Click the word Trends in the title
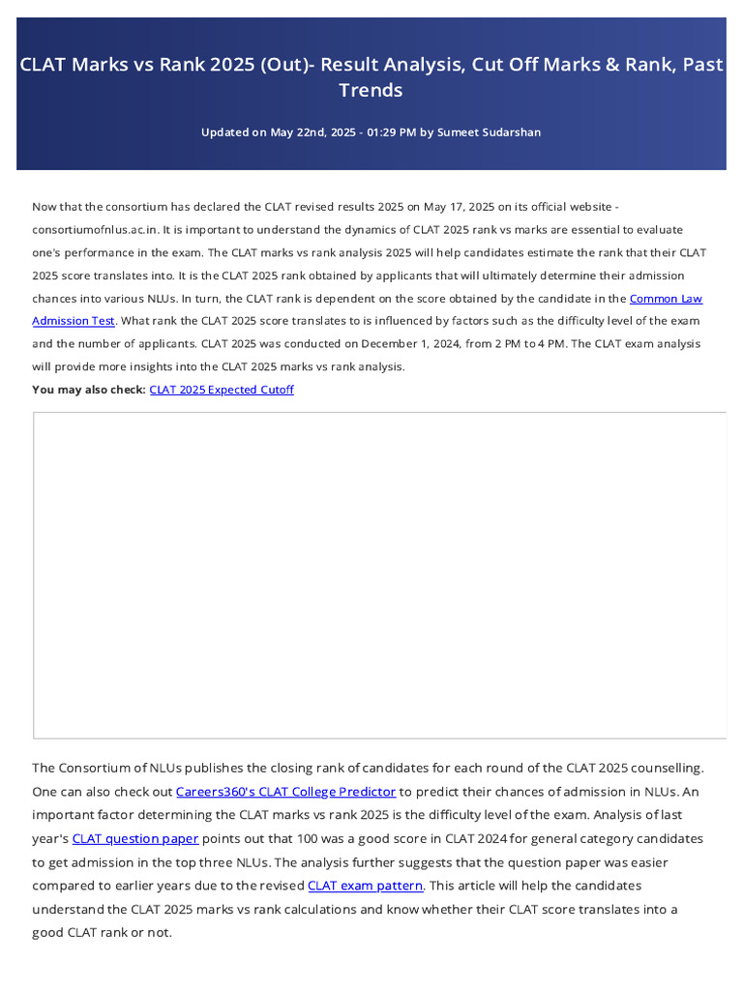tap(371, 90)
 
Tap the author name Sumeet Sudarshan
tap(490, 132)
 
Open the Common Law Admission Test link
tap(666, 299)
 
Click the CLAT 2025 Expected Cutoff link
tap(222, 390)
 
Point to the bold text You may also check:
tap(89, 390)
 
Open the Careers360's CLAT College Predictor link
tap(285, 792)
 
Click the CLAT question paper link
tap(135, 838)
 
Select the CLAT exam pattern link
tap(365, 886)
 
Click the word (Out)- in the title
tap(277, 66)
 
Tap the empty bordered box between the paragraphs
tap(379, 575)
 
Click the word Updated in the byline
tap(224, 132)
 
